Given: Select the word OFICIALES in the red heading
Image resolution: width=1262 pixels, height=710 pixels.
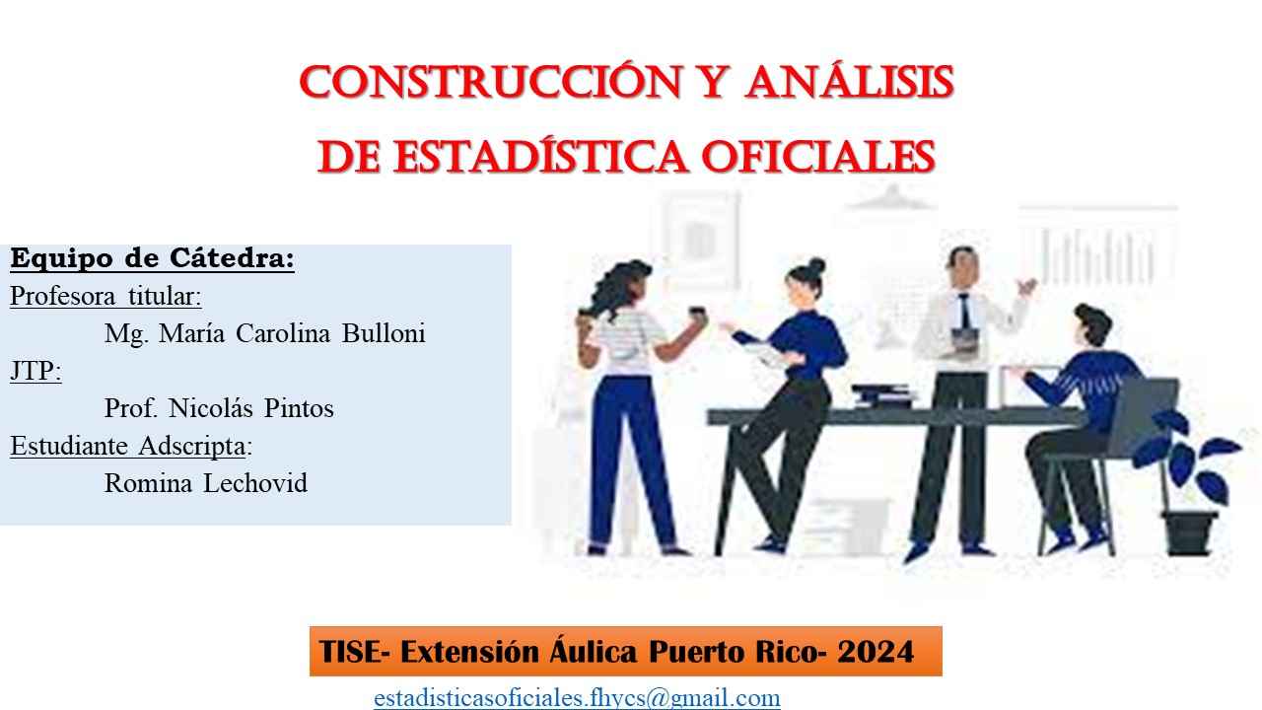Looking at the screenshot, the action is [818, 157].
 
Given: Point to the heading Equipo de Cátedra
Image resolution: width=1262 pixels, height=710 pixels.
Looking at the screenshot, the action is [152, 258].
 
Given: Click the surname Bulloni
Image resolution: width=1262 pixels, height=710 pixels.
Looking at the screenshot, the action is [384, 333].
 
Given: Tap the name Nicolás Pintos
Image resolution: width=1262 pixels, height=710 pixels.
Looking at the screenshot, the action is [251, 408].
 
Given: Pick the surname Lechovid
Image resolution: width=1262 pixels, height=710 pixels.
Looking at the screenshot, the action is [255, 483].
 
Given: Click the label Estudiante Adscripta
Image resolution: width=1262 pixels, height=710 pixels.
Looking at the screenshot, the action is [128, 446].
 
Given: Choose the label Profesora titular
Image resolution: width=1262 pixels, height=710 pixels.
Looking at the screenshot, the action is [104, 297].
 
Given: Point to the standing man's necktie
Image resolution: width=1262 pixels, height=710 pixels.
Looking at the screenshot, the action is [965, 310].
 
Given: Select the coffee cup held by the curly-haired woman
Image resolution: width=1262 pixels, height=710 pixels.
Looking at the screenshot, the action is [697, 314].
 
